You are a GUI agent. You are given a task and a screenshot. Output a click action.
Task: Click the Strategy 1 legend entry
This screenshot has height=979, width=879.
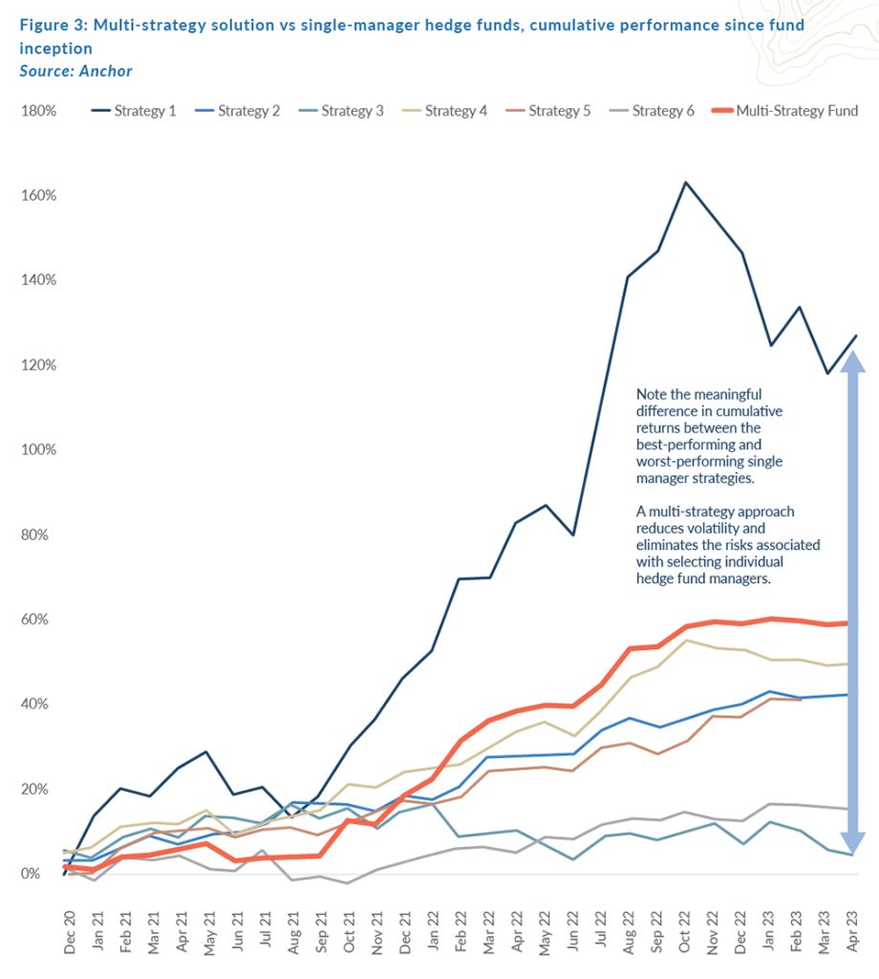134,111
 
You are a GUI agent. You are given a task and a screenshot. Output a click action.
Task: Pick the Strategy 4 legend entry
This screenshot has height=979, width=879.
445,111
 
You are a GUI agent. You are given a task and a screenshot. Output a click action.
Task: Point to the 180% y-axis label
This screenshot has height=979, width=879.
39,111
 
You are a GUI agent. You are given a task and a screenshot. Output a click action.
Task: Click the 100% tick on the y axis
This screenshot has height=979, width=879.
39,450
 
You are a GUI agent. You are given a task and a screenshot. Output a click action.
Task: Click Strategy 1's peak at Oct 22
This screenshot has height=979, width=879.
685,182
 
